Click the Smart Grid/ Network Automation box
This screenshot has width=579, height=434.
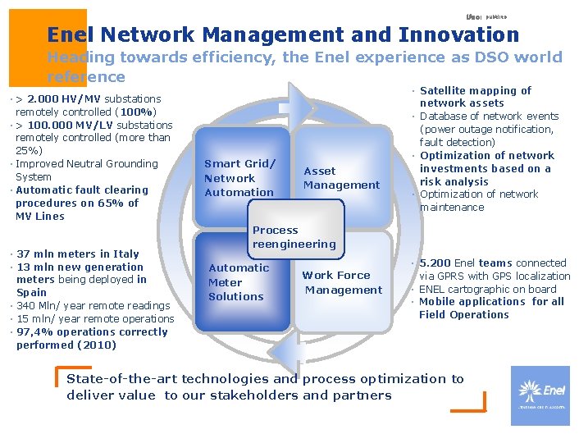pyautogui.click(x=239, y=178)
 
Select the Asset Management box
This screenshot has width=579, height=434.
pyautogui.click(x=341, y=178)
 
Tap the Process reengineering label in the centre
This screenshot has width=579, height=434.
pyautogui.click(x=294, y=237)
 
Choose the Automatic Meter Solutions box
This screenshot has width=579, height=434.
pyautogui.click(x=238, y=281)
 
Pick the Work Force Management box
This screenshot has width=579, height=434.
pyautogui.click(x=343, y=282)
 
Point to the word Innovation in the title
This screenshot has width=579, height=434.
pyautogui.click(x=458, y=34)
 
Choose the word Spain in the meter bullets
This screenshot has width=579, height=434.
pyautogui.click(x=32, y=292)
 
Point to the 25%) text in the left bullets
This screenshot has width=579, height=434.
pyautogui.click(x=30, y=151)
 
